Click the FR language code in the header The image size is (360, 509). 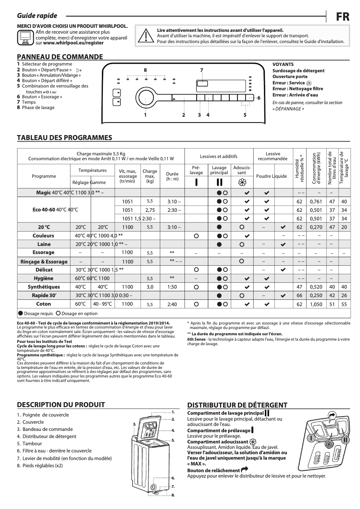pos(343,17)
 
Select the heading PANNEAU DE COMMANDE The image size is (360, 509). pos(60,57)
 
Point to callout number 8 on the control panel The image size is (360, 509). pos(145,70)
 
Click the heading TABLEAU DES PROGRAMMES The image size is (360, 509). pos(64,137)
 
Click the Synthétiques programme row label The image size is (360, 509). pos(44,287)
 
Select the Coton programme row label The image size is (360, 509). pos(44,304)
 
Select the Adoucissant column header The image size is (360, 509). pos(242,170)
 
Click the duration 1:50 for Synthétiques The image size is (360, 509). pos(172,287)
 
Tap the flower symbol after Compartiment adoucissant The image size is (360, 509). pos(253,442)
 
